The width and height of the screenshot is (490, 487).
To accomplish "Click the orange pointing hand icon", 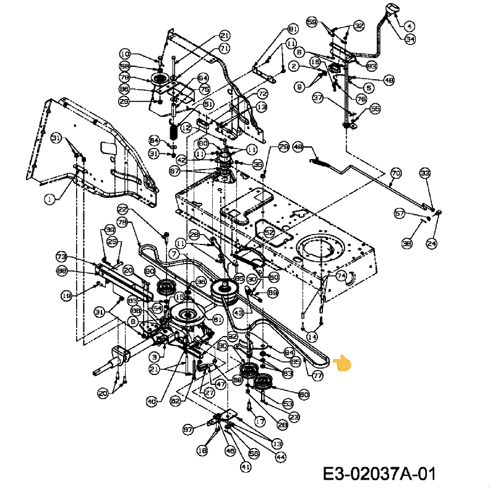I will pyautogui.click(x=342, y=363).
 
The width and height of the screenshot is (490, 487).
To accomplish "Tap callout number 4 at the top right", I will pyautogui.click(x=410, y=26).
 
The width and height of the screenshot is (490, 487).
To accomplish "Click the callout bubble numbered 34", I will pyautogui.click(x=410, y=38).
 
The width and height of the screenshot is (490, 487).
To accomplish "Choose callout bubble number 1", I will pyautogui.click(x=49, y=199).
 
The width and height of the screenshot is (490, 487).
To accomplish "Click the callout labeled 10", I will pyautogui.click(x=125, y=54).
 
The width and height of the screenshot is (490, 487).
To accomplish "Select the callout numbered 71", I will pyautogui.click(x=224, y=48).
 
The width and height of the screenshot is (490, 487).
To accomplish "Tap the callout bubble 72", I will pyautogui.click(x=262, y=94).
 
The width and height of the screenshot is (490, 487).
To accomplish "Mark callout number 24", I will pyautogui.click(x=431, y=243).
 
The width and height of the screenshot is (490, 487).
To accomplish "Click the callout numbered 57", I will pyautogui.click(x=400, y=213).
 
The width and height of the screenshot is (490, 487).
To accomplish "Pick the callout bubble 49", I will pyautogui.click(x=298, y=147).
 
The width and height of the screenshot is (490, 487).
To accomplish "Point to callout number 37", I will pyautogui.click(x=317, y=98).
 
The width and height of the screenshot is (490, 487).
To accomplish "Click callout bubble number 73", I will pyautogui.click(x=61, y=256).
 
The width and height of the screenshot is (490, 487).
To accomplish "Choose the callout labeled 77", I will pyautogui.click(x=317, y=375).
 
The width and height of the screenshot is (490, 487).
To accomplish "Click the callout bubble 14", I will pyautogui.click(x=312, y=337).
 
